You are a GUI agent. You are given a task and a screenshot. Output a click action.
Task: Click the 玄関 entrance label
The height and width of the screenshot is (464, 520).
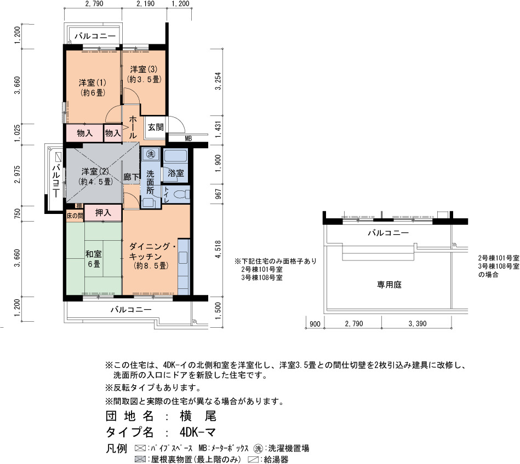tap(156, 127)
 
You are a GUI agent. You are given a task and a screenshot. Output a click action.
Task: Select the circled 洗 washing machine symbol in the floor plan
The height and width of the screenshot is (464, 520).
tap(151, 154)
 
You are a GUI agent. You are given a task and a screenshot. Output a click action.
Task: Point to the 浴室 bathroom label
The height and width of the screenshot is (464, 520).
tap(176, 173)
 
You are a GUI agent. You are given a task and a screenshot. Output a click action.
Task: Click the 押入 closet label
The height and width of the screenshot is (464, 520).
tap(103, 213)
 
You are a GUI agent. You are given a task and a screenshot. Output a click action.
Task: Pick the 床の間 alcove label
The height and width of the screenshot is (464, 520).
tap(75, 216)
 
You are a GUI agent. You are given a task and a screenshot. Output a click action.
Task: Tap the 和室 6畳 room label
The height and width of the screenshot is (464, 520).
tap(94, 259)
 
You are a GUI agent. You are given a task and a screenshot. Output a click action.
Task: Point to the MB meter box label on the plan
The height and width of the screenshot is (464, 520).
tap(188, 138)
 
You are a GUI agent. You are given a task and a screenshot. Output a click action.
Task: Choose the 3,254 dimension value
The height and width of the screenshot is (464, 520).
tap(218, 81)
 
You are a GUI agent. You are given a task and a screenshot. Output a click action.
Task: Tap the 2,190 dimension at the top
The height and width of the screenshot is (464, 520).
tap(145, 4)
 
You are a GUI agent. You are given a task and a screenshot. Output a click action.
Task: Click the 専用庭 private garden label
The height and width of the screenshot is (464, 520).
tap(390, 285)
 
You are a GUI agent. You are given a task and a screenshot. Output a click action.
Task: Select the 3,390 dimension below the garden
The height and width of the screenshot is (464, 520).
tap(418, 323)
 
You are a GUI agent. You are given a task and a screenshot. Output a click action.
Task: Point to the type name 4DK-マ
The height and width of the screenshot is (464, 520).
tap(198, 432)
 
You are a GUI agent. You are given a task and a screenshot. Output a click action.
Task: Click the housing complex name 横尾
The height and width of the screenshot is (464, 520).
tap(198, 416)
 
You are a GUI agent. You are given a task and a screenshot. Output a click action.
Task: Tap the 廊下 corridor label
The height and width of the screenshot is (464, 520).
tap(132, 177)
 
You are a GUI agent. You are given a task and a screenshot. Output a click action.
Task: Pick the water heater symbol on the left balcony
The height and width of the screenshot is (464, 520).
tap(59, 156)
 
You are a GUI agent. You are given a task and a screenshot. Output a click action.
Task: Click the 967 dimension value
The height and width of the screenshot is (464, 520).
tap(218, 194)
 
